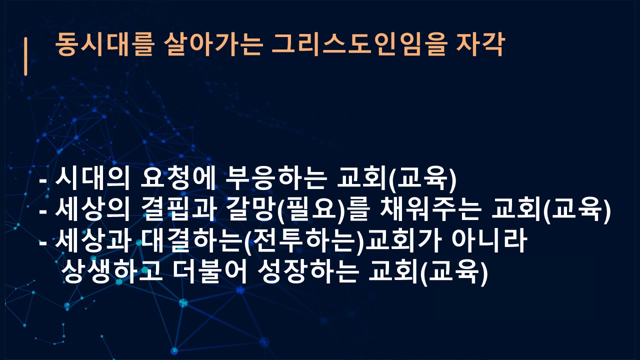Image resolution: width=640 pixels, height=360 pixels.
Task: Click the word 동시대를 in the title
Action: point(104,45)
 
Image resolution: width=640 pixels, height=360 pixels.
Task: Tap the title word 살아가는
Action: point(213,45)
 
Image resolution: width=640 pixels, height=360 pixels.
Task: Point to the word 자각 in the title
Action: point(479,45)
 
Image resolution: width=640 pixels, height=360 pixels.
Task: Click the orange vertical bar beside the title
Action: point(25,56)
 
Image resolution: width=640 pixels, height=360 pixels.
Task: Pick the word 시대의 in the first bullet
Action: point(92,179)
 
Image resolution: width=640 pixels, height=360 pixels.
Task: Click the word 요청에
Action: point(177,179)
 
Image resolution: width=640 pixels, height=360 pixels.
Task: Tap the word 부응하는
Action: point(275,179)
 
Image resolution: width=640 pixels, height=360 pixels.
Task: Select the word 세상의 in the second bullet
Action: point(92,210)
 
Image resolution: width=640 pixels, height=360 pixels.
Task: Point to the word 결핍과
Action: point(177,210)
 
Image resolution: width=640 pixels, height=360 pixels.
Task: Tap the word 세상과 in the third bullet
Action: point(92,241)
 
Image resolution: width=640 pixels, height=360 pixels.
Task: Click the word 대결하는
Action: point(191,241)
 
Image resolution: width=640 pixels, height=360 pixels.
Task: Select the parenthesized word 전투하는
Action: point(303,241)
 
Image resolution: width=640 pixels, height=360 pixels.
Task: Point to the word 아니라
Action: point(489,241)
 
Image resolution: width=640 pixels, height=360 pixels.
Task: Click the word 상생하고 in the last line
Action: point(112,271)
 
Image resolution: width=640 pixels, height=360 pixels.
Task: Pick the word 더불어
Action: point(210,271)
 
